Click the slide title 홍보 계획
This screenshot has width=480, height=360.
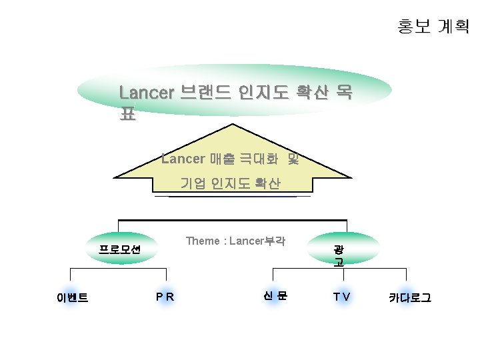click(x=433, y=27)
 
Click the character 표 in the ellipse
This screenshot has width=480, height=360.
click(x=127, y=114)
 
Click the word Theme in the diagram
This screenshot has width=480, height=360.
click(x=202, y=241)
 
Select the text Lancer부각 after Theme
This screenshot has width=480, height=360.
click(x=257, y=241)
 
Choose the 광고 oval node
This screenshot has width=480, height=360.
click(x=339, y=255)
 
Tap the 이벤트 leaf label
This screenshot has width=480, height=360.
click(x=72, y=297)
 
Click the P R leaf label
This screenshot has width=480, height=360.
click(x=165, y=297)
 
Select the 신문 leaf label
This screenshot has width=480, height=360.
click(x=274, y=296)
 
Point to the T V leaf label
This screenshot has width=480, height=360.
click(x=342, y=297)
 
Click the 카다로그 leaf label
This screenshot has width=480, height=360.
click(x=410, y=297)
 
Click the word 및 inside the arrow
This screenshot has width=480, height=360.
click(x=294, y=159)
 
